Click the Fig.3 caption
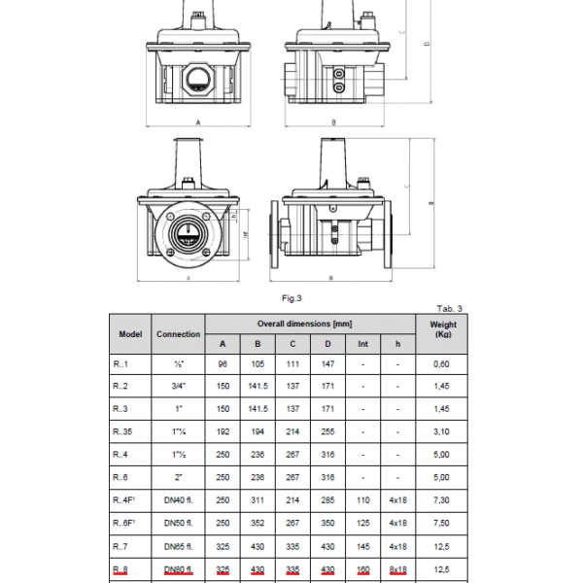pos(292,298)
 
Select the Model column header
pos(130,333)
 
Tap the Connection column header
pos(179,333)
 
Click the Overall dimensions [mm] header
pos(310,323)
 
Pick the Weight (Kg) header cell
pos(442,328)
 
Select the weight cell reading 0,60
pos(442,364)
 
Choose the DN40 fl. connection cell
pos(179,500)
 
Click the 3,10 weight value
pos(442,430)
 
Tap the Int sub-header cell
pos(362,343)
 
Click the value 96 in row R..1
pos(223,364)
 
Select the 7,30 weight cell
pos(442,500)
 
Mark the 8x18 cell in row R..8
pos(397,570)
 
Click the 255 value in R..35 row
pos(327,430)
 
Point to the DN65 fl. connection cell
pos(179,547)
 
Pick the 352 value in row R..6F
pos(257,524)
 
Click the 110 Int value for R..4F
pos(362,500)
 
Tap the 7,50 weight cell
pos(442,524)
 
